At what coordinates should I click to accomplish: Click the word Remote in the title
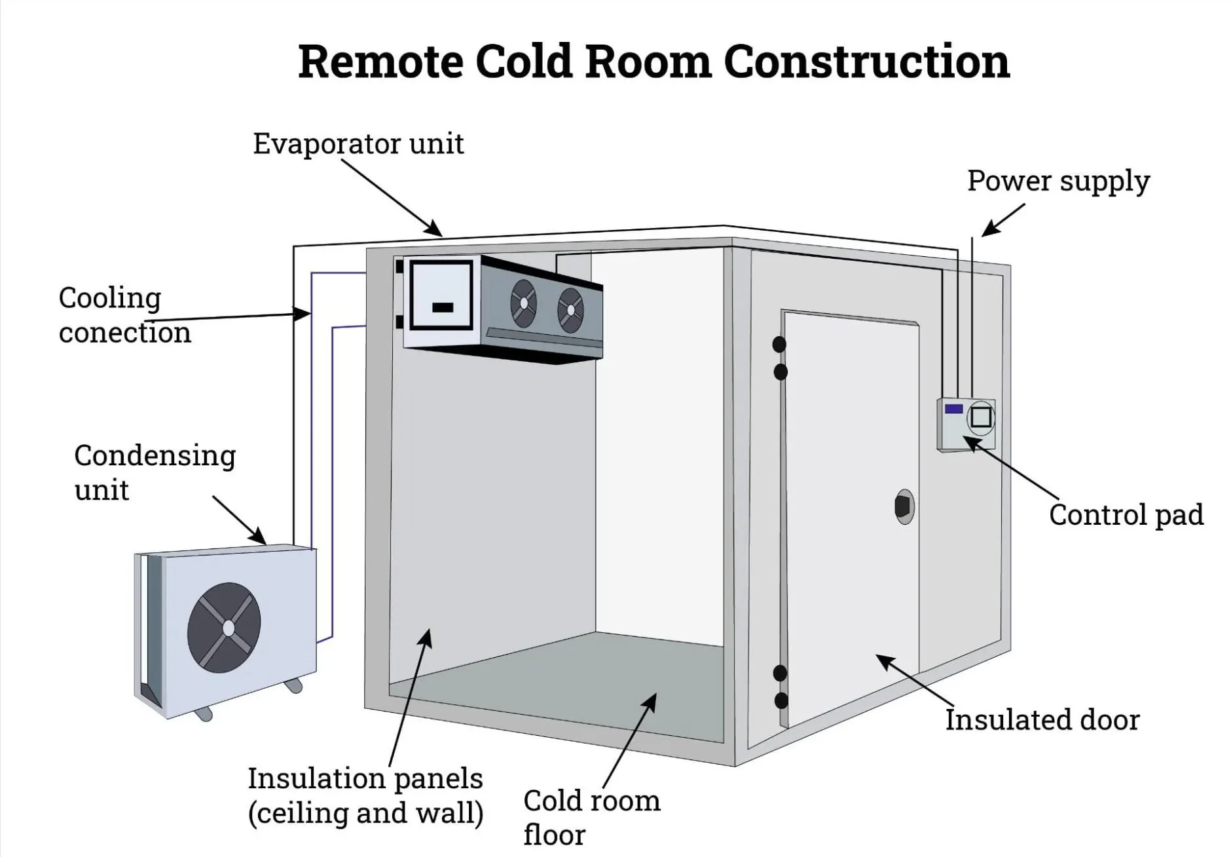pyautogui.click(x=380, y=62)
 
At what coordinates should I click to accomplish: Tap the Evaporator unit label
pyautogui.click(x=358, y=143)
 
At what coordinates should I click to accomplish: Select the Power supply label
pyautogui.click(x=1058, y=181)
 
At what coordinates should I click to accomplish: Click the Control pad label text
pyautogui.click(x=1126, y=515)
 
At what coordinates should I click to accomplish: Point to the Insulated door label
pyautogui.click(x=1042, y=719)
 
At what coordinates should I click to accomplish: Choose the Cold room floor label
pyautogui.click(x=591, y=817)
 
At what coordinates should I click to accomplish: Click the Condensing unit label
pyautogui.click(x=155, y=472)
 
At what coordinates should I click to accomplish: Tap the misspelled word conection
pyautogui.click(x=124, y=332)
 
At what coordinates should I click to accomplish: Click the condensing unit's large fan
pyautogui.click(x=225, y=628)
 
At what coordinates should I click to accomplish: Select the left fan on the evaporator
pyautogui.click(x=524, y=303)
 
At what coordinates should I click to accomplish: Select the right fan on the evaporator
pyautogui.click(x=570, y=310)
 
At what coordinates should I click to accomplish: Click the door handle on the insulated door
pyautogui.click(x=904, y=506)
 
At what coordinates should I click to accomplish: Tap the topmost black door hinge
pyautogui.click(x=779, y=344)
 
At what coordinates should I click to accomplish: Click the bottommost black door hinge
pyautogui.click(x=781, y=700)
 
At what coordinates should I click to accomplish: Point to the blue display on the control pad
pyautogui.click(x=953, y=409)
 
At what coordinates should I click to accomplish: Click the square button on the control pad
pyautogui.click(x=981, y=417)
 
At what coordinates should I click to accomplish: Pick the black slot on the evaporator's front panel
pyautogui.click(x=443, y=307)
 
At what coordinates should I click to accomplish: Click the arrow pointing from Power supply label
pyautogui.click(x=1002, y=220)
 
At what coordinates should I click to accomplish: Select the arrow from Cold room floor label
pyautogui.click(x=629, y=741)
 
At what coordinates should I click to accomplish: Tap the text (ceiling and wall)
pyautogui.click(x=365, y=813)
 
